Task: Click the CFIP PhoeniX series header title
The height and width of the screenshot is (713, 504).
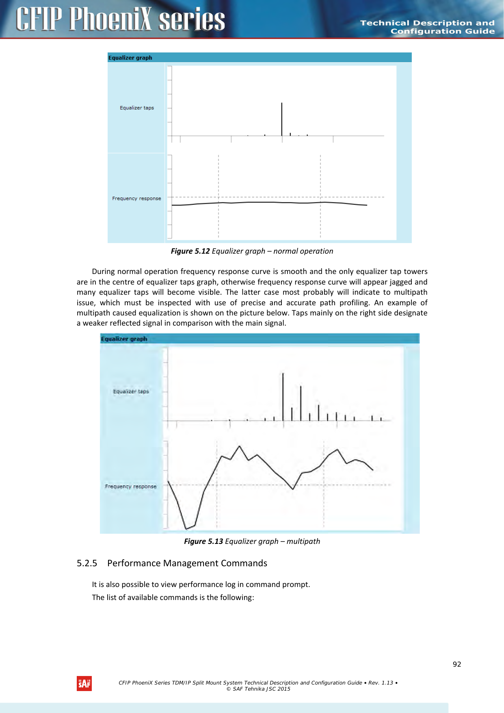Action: (x=120, y=19)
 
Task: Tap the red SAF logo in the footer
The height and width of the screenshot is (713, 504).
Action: (x=84, y=683)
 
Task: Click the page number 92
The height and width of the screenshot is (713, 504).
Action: (x=457, y=664)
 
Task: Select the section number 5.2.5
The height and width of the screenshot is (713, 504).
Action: (x=87, y=563)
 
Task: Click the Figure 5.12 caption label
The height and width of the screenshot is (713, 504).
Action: (x=190, y=251)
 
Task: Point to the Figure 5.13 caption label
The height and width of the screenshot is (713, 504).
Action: (x=203, y=541)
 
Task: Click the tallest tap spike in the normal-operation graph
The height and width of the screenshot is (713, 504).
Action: (x=282, y=118)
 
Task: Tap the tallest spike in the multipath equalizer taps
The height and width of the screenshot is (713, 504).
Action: (x=283, y=394)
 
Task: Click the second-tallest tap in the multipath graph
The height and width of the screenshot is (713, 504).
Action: (x=301, y=402)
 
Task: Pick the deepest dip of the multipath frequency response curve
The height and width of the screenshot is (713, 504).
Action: (x=186, y=528)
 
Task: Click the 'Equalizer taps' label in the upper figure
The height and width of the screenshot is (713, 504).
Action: (x=137, y=108)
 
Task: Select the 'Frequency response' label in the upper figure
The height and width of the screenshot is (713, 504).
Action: (x=136, y=198)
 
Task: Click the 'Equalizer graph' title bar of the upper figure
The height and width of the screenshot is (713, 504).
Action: (x=130, y=58)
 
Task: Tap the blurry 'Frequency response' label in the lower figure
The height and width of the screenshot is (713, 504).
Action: (x=130, y=486)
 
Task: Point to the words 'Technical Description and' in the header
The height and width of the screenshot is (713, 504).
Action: (x=427, y=23)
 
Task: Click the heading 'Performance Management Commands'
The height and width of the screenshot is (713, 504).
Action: (x=187, y=563)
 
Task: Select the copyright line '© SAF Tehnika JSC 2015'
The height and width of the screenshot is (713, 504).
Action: (x=258, y=689)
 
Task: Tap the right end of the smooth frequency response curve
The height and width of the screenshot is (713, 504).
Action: (x=367, y=205)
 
